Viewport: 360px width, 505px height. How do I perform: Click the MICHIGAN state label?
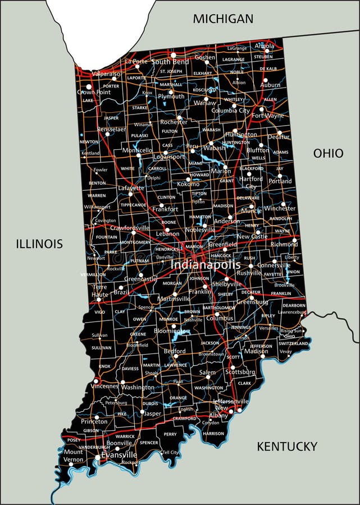pyautogui.click(x=223, y=19)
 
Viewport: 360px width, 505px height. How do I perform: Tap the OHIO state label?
pyautogui.click(x=328, y=153)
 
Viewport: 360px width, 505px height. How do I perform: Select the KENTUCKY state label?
pyautogui.click(x=287, y=447)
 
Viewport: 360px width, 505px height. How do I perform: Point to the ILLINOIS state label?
pyautogui.click(x=39, y=244)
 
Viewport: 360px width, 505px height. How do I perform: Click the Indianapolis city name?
pyautogui.click(x=205, y=264)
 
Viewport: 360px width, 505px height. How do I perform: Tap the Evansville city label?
pyautogui.click(x=119, y=455)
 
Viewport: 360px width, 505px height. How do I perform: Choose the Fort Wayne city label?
pyautogui.click(x=268, y=116)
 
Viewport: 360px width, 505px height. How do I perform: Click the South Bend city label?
pyautogui.click(x=170, y=62)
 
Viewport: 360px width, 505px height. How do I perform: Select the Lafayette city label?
pyautogui.click(x=130, y=189)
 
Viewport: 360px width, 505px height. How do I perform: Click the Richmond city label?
pyautogui.click(x=284, y=245)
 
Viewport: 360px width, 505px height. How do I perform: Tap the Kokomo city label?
pyautogui.click(x=188, y=184)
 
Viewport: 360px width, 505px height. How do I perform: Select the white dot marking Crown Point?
pyautogui.click(x=88, y=86)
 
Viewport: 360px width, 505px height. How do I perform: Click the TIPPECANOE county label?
pyautogui.click(x=133, y=205)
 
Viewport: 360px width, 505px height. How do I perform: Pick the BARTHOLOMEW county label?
pyautogui.click(x=208, y=307)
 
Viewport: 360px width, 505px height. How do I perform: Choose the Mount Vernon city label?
pyautogui.click(x=73, y=455)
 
